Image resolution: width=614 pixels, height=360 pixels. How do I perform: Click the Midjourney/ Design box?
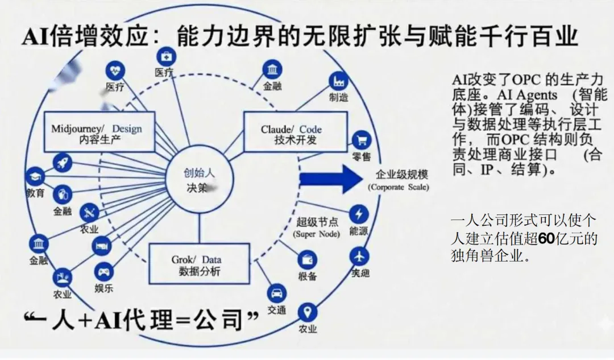(99, 132)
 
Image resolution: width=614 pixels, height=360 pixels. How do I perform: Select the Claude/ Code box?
(294, 132)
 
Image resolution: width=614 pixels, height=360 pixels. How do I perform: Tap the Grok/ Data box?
(199, 264)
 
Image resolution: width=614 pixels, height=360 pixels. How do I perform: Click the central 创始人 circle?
(199, 181)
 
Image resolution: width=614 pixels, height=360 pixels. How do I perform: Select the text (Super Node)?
(317, 234)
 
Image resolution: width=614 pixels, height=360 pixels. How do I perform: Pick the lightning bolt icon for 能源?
(359, 214)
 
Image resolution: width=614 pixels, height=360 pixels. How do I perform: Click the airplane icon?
(359, 255)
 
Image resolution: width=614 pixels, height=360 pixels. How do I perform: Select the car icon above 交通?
(277, 293)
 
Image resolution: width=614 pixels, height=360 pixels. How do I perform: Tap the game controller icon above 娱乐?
(103, 271)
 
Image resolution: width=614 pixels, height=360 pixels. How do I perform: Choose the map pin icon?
(308, 312)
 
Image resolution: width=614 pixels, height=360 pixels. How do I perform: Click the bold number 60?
(546, 239)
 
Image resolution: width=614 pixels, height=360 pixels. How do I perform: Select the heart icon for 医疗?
(115, 71)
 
